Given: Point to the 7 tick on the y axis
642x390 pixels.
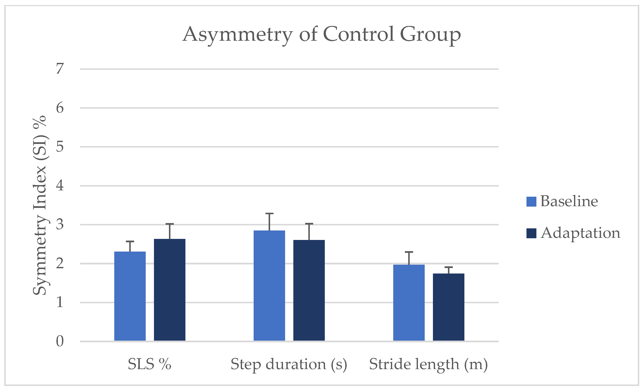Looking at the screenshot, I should tap(60, 69).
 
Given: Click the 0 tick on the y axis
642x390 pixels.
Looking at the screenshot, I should tap(60, 341).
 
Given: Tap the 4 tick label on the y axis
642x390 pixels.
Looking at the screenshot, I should tap(60, 186).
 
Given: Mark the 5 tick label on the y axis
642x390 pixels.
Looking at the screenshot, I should tap(60, 147).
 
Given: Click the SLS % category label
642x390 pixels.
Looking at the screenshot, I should tap(149, 364).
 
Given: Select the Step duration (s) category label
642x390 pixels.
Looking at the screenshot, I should tap(289, 364).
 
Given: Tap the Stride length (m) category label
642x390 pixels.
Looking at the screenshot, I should tap(428, 364).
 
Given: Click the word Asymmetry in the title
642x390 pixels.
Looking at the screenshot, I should tap(237, 35).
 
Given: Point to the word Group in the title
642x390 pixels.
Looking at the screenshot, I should tap(430, 35).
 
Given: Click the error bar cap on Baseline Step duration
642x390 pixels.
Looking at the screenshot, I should tap(269, 214).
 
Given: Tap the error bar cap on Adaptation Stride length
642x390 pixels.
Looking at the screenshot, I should tap(448, 267).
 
